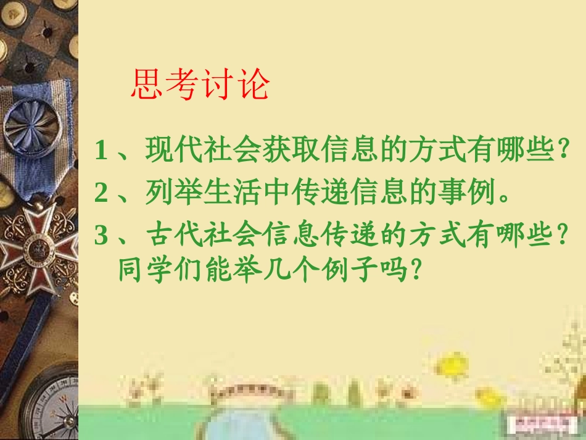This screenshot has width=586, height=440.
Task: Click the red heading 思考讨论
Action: [x=201, y=85]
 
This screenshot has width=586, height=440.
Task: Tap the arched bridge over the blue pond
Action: [x=247, y=390]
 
